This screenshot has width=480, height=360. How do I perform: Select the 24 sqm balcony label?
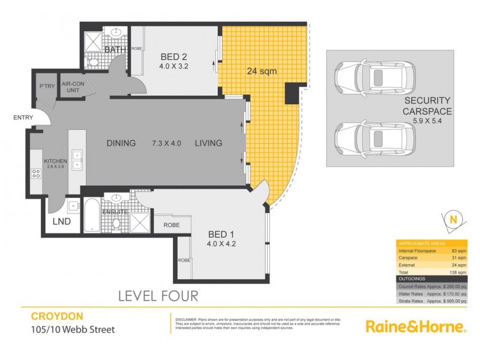click(262, 71)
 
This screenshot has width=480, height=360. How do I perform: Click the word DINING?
click(124, 143)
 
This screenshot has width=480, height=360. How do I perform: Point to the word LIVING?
click(208, 143)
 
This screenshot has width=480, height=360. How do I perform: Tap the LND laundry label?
click(61, 221)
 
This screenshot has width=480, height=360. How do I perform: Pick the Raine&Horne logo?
click(416, 326)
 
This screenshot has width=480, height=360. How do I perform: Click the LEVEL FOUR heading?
click(158, 296)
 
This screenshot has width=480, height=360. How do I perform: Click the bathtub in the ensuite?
click(92, 215)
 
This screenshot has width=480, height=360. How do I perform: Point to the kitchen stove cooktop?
click(35, 175)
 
